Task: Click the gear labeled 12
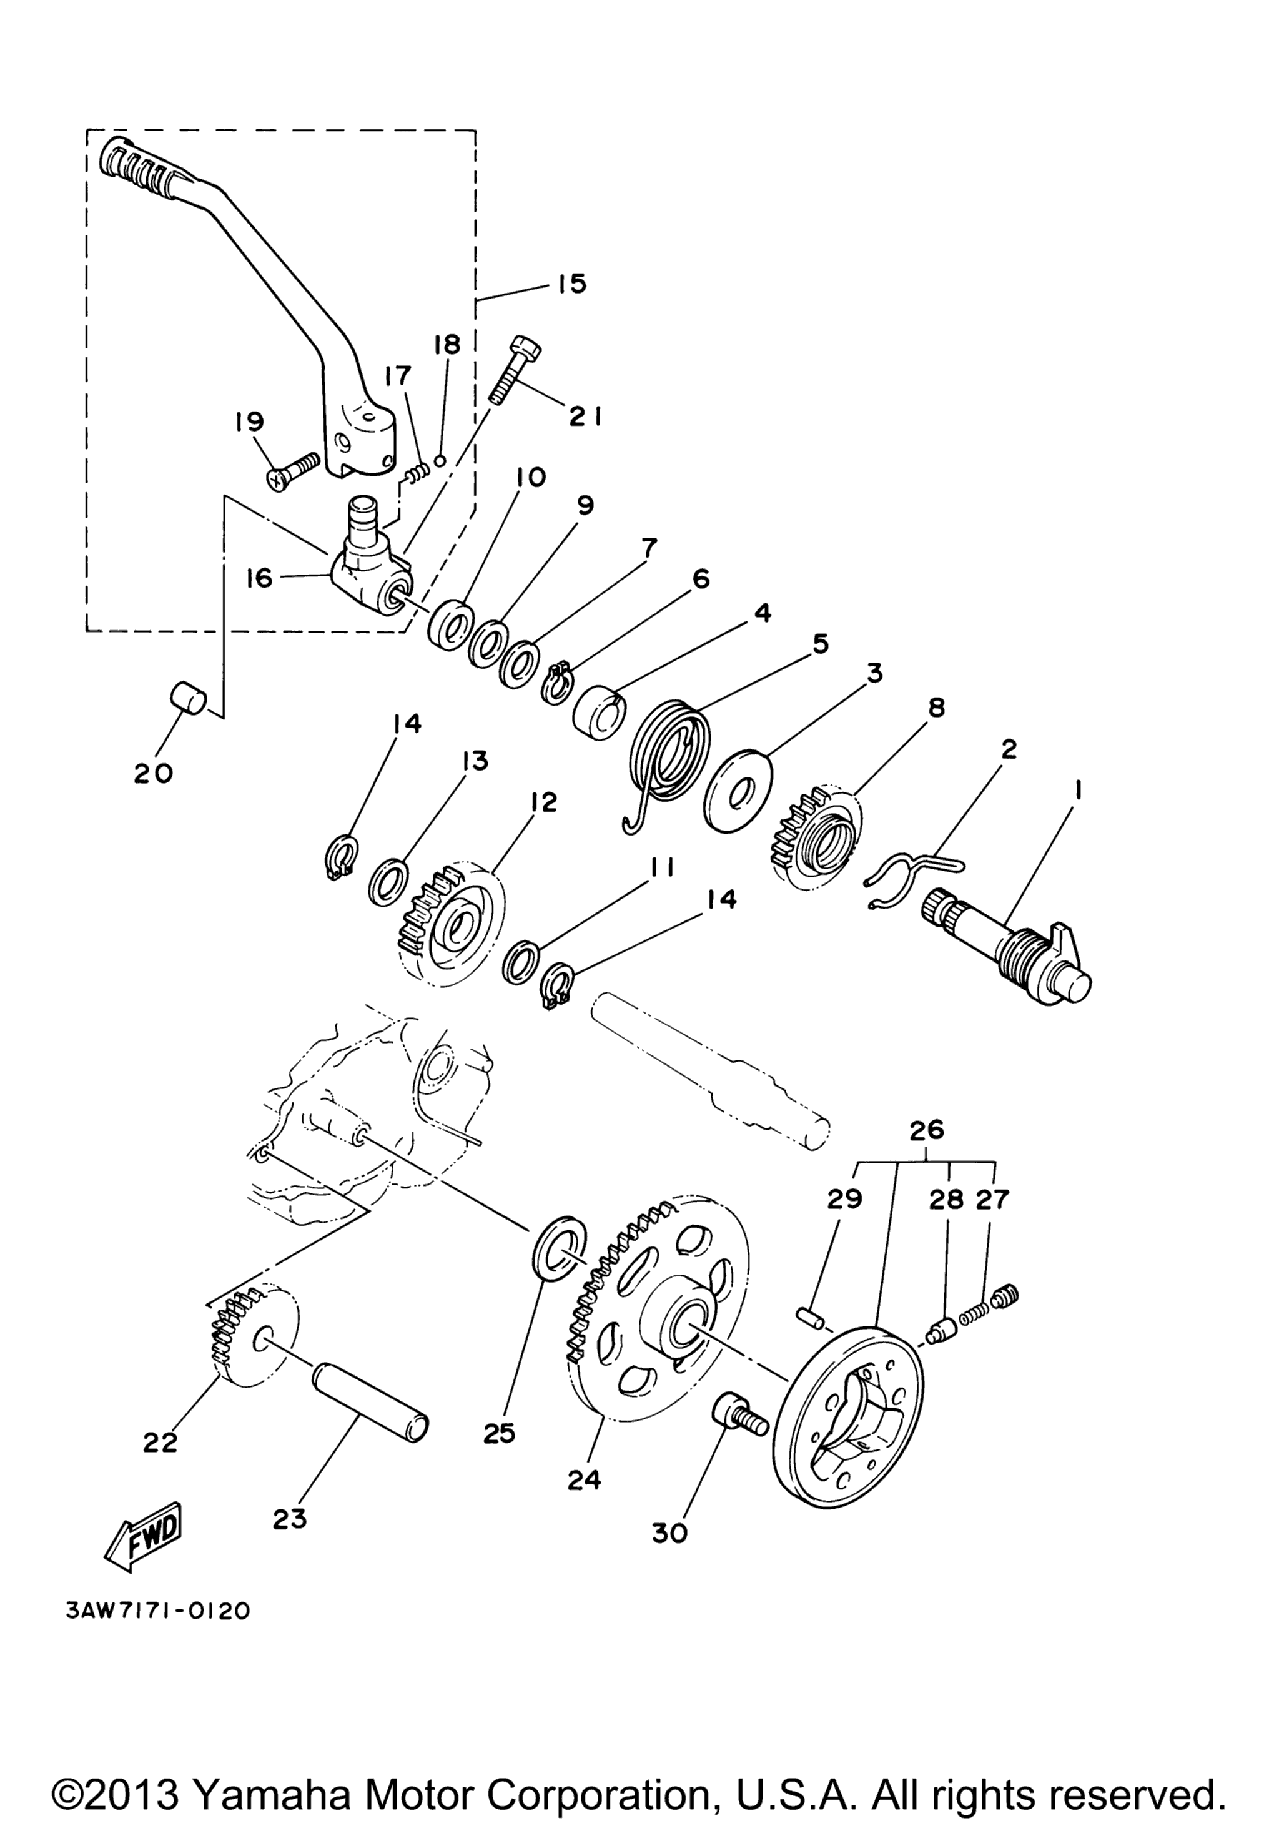coord(450,925)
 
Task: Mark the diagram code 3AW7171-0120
coord(152,1627)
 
